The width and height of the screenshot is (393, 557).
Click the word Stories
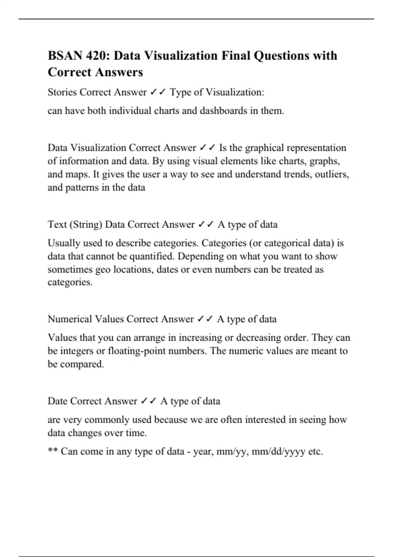pyautogui.click(x=62, y=92)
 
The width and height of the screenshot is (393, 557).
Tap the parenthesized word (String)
pyautogui.click(x=86, y=225)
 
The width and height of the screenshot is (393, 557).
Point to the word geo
pyautogui.click(x=103, y=270)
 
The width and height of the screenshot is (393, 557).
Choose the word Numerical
pyautogui.click(x=69, y=319)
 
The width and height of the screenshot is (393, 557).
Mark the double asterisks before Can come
pyautogui.click(x=53, y=451)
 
